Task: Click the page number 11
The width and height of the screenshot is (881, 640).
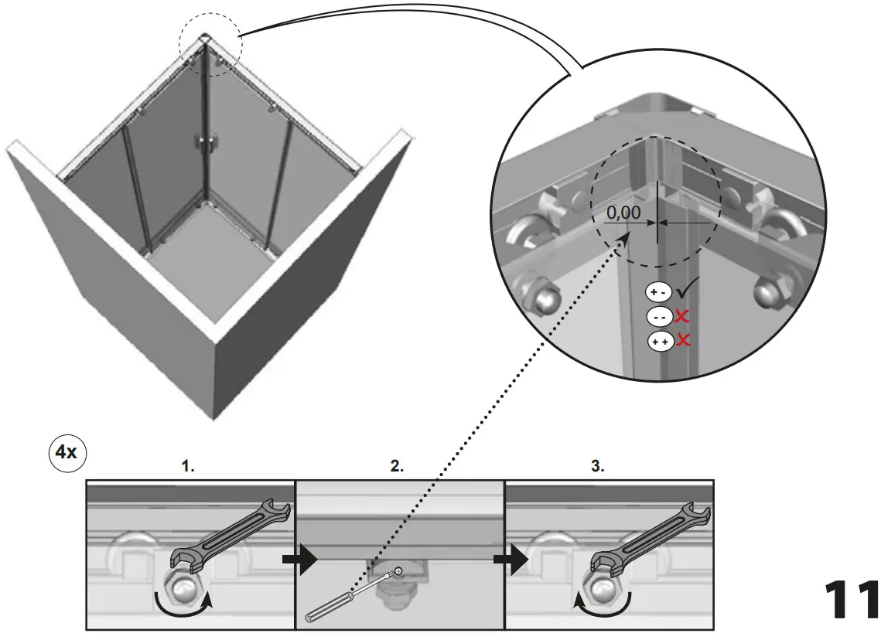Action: point(850,600)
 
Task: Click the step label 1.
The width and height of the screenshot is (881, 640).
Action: point(188,466)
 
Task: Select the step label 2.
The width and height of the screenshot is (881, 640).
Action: point(397,466)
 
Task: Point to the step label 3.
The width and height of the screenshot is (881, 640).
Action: point(597,466)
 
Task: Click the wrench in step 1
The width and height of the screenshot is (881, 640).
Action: point(232,533)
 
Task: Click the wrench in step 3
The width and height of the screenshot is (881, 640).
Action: point(650,533)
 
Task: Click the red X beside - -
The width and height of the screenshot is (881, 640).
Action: point(682,316)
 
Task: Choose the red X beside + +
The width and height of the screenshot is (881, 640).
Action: point(682,340)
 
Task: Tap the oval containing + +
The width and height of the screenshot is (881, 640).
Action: point(660,341)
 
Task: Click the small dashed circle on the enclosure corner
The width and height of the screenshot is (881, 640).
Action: point(210,45)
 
